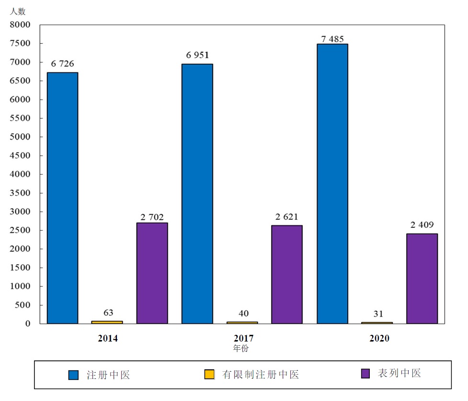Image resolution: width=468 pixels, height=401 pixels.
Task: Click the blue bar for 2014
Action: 62,198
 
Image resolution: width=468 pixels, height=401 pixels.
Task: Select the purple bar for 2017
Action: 287,274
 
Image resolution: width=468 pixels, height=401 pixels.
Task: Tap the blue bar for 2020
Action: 332,184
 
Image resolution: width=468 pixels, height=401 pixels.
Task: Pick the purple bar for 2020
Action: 422,278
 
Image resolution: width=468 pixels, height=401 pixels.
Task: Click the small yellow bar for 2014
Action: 107,322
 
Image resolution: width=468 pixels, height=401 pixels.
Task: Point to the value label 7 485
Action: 332,39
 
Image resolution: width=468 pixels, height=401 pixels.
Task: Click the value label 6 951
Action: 197,55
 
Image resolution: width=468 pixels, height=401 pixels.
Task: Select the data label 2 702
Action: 152,217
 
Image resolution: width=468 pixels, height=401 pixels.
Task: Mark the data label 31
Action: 378,314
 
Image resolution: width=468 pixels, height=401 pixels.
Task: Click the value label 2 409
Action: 422,224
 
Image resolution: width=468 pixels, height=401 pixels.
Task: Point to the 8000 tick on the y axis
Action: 21,24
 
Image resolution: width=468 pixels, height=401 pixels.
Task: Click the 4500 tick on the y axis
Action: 21,155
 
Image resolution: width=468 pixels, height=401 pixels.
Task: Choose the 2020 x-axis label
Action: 379,338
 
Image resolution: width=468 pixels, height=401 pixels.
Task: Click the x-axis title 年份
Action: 241,349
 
